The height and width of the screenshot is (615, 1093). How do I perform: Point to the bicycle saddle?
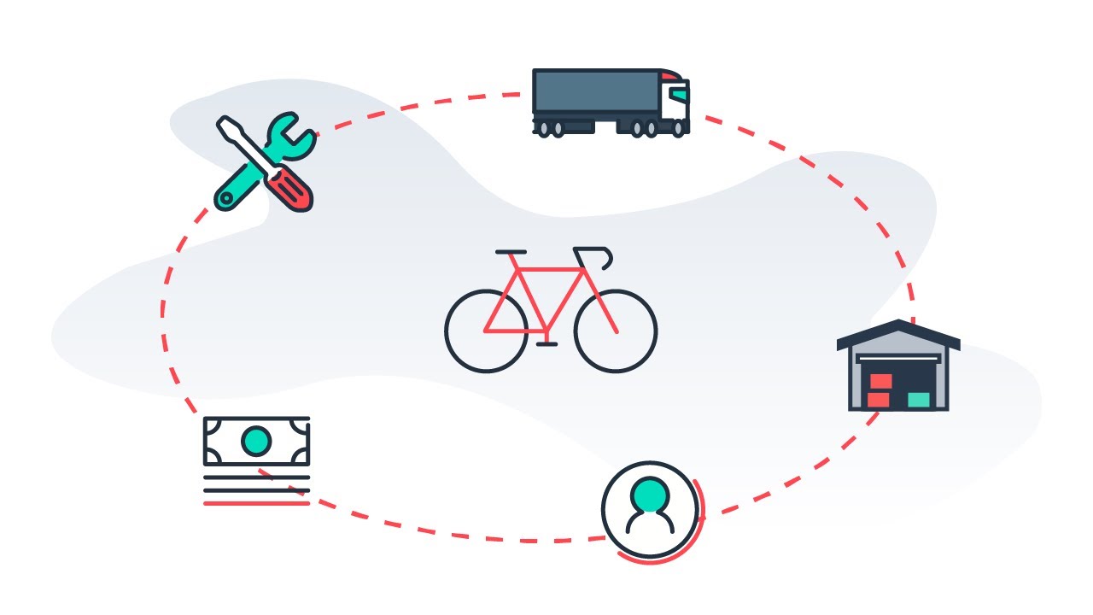511,252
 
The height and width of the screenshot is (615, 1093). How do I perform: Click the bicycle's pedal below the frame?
546,344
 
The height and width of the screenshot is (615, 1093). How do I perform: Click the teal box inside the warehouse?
919,399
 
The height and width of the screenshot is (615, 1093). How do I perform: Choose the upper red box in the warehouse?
880,381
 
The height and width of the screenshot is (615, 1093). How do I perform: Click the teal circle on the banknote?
256,441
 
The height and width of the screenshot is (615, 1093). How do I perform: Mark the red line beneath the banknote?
256,503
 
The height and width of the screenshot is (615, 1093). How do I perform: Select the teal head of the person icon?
651,494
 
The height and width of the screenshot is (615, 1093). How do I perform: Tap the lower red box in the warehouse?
878,399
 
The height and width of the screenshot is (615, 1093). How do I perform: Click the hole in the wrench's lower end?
226,199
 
